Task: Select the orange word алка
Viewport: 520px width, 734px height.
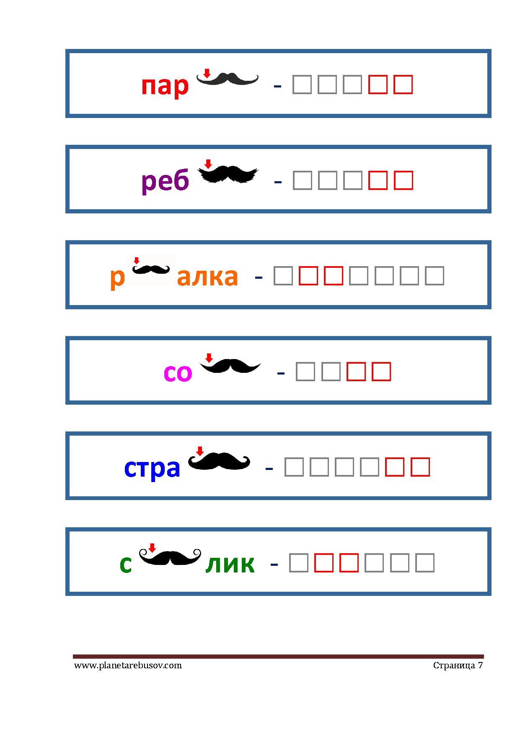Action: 207,277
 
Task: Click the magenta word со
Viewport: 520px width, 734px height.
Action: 178,372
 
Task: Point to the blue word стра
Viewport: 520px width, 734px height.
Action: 152,468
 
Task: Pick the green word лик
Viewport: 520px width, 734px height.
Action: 230,563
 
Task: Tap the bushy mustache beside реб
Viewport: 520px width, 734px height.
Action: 228,174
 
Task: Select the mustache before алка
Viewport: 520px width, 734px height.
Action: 151,269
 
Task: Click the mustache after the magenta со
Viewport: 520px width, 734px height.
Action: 230,366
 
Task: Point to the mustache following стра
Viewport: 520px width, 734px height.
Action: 219,461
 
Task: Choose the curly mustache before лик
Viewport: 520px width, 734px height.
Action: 170,557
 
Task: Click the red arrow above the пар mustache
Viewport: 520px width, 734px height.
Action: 207,73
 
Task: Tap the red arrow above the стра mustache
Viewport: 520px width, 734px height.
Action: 200,451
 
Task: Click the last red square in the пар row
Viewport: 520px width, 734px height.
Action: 403,85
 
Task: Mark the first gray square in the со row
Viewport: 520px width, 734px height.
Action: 305,371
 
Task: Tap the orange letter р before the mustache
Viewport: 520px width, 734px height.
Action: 118,278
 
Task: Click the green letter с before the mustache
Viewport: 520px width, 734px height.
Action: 126,564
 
